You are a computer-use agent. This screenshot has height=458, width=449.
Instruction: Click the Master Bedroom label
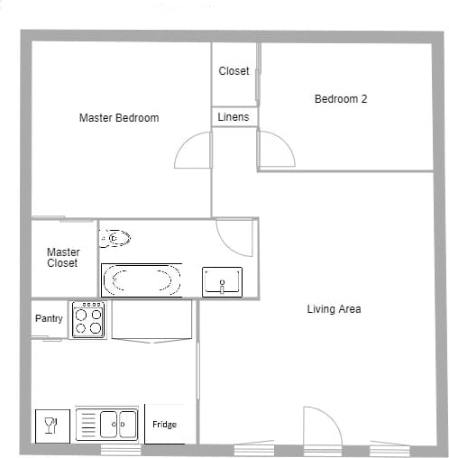click(x=119, y=118)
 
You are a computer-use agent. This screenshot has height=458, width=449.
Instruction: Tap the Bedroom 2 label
click(x=340, y=99)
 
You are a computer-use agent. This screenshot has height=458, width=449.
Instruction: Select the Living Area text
click(x=334, y=309)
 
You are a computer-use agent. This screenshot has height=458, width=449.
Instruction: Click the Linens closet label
click(x=234, y=117)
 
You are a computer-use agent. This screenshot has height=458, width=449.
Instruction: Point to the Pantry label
click(x=49, y=319)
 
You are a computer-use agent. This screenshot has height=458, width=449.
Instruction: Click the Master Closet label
click(x=63, y=258)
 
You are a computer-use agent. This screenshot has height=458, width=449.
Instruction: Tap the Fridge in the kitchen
click(x=165, y=424)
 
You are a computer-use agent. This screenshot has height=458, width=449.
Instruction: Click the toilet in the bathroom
click(x=115, y=239)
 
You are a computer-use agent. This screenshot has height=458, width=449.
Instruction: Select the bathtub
click(x=142, y=279)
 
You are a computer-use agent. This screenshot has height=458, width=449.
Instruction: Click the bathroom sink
click(x=222, y=281)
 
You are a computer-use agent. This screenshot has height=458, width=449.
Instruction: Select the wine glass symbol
click(x=51, y=426)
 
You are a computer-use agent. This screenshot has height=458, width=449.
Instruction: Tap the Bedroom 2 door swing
click(x=275, y=151)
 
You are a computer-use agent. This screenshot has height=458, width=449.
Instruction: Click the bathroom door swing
click(x=234, y=236)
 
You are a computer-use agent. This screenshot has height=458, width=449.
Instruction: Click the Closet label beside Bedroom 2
click(x=234, y=71)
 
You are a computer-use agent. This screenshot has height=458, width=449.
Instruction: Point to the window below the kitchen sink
click(x=120, y=449)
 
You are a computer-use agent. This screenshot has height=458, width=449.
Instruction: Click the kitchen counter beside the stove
click(x=151, y=320)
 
